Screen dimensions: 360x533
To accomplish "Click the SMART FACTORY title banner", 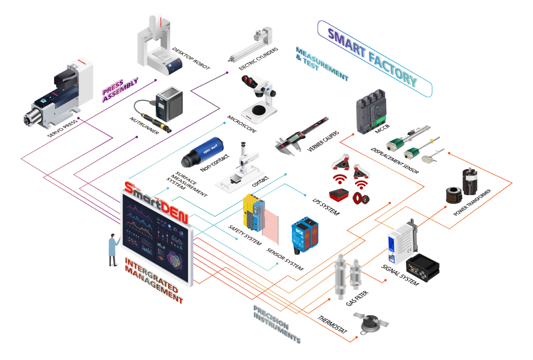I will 374,58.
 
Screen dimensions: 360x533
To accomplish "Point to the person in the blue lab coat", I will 112,248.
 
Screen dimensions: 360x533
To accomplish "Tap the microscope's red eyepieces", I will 249,81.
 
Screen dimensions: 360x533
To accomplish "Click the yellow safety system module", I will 253,214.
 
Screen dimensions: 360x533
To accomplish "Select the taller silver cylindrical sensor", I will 340,276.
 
